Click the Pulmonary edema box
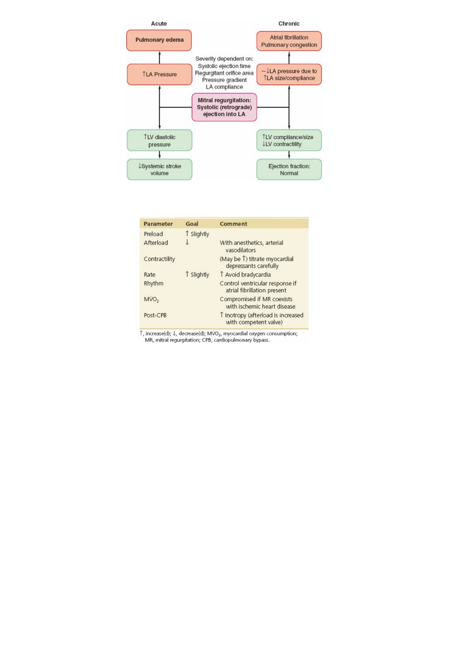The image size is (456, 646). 159,40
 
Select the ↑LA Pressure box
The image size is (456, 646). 159,74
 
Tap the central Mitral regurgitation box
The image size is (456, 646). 224,107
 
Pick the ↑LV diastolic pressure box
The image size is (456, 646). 159,141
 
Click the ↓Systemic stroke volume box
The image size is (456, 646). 159,170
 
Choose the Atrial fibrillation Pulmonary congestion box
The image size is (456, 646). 289,41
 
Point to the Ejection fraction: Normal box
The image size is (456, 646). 289,170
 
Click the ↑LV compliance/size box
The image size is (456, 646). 289,141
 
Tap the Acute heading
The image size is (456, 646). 159,24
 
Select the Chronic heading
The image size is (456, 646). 289,24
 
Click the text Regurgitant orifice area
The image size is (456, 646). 224,73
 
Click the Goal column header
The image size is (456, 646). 192,224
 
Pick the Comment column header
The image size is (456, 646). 233,224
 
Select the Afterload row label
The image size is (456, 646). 156,243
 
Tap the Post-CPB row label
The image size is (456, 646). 155,315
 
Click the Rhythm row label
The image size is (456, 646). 154,283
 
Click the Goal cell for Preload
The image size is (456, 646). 197,234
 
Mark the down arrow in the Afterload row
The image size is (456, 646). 187,242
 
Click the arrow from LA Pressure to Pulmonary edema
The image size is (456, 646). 160,57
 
